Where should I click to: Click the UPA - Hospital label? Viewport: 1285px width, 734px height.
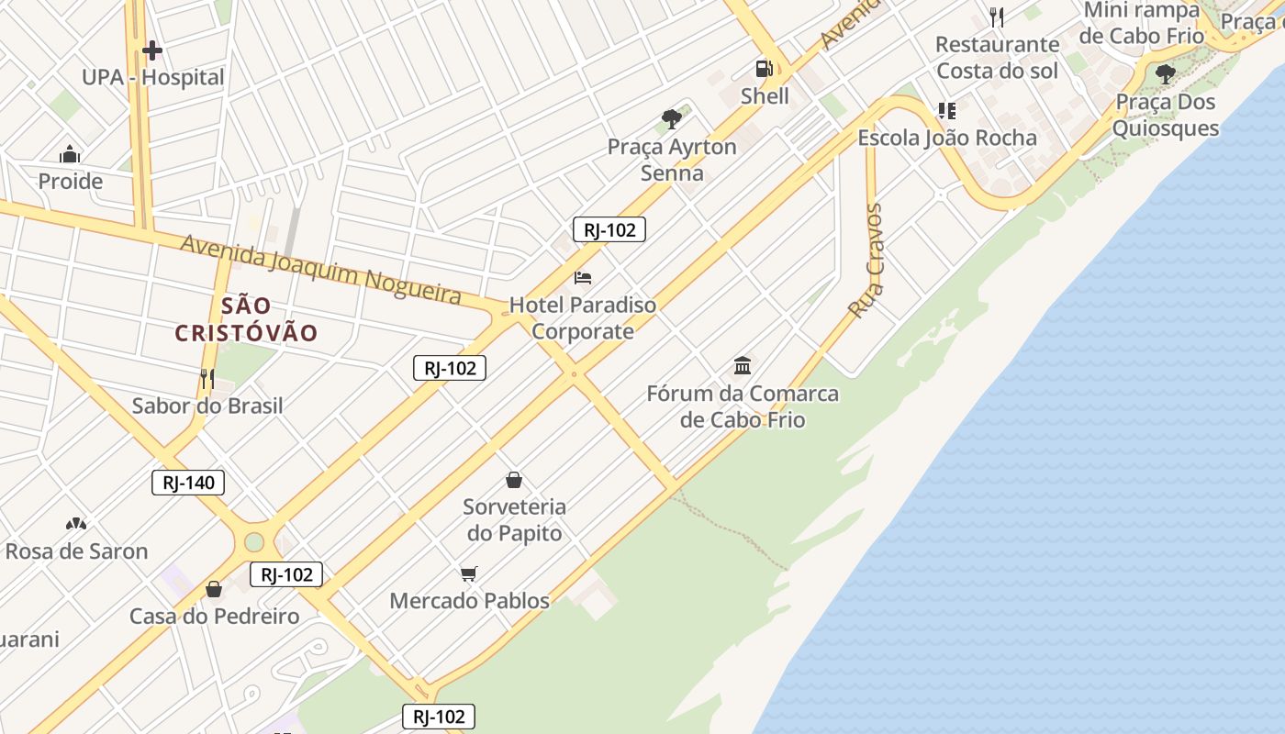click(152, 77)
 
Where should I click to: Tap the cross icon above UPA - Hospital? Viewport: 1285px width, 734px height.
click(152, 50)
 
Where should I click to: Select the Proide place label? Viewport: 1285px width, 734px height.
click(70, 181)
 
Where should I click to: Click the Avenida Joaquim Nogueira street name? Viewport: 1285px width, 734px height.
click(320, 268)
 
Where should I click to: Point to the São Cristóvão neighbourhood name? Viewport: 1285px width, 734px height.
click(246, 319)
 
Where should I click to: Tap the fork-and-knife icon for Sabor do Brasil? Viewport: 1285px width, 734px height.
click(207, 377)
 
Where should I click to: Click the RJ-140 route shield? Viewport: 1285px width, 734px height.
click(188, 483)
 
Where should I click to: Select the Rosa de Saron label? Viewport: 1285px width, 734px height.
click(76, 551)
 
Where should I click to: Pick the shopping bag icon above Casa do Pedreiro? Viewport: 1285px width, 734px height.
click(214, 589)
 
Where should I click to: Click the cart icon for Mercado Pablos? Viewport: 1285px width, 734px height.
click(469, 574)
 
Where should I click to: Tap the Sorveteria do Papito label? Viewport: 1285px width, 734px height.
click(514, 519)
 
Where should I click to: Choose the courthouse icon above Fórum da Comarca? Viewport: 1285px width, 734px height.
click(743, 366)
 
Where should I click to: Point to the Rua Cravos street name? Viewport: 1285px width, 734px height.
click(866, 261)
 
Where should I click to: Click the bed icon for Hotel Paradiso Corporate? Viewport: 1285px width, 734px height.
click(583, 277)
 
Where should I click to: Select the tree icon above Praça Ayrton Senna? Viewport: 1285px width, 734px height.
click(672, 118)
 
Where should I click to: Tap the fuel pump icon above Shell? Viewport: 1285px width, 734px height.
click(764, 68)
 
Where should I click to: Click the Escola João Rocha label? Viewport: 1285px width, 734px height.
click(946, 138)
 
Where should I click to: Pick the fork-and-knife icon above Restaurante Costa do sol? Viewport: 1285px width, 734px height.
click(997, 17)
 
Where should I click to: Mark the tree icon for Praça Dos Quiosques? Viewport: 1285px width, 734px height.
click(1166, 73)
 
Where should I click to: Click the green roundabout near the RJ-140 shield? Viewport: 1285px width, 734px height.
click(254, 542)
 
